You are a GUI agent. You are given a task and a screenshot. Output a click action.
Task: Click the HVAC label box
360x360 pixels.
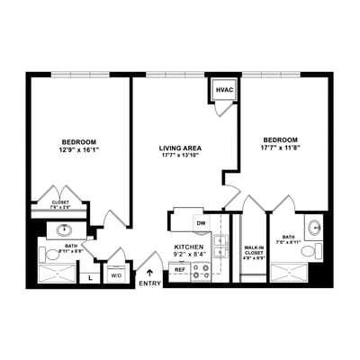point(224,91)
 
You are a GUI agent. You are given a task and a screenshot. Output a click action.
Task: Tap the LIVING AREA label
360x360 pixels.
point(179,147)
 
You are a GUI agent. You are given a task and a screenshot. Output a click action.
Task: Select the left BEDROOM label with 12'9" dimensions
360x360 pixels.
point(79,142)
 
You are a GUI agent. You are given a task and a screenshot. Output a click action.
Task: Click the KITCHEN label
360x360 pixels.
point(189,246)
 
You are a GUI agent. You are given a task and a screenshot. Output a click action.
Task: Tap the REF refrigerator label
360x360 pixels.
point(179,269)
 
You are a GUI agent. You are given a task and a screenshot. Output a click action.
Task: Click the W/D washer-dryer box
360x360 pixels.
point(116,275)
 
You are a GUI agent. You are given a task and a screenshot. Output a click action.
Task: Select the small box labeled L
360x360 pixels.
point(91,276)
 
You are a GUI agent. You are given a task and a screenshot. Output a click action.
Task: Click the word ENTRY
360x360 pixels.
point(149,284)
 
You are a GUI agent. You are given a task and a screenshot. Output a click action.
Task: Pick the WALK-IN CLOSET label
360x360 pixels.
point(254,250)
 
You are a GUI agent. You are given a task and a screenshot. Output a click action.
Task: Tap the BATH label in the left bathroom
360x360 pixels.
point(70,246)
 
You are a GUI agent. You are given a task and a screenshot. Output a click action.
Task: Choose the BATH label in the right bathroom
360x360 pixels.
point(288,237)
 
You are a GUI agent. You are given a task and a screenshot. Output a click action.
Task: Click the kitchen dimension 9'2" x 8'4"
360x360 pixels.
point(189,255)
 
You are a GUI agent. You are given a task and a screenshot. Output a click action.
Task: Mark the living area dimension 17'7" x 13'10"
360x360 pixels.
point(179,156)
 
